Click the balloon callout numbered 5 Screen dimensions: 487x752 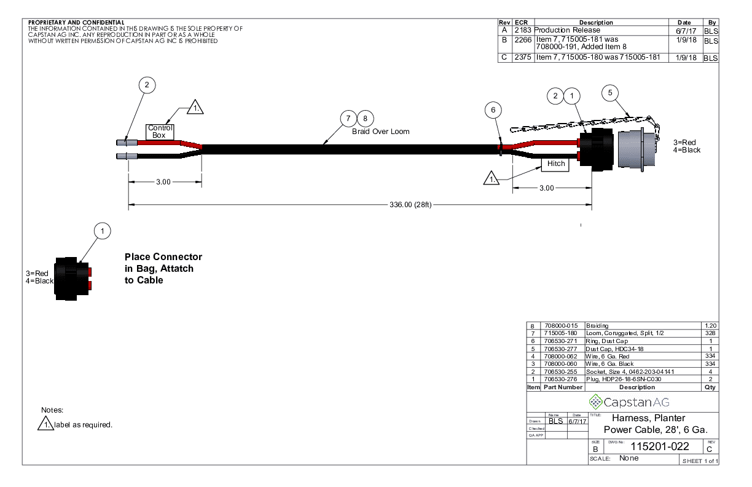[610, 93]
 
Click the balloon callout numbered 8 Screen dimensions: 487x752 [366, 118]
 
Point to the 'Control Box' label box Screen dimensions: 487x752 [160, 131]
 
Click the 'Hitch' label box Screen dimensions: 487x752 [555, 164]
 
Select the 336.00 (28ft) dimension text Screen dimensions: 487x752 [411, 205]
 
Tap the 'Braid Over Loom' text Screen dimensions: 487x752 [380, 132]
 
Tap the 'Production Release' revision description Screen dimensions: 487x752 [566, 30]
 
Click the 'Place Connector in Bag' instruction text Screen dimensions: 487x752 [163, 268]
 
